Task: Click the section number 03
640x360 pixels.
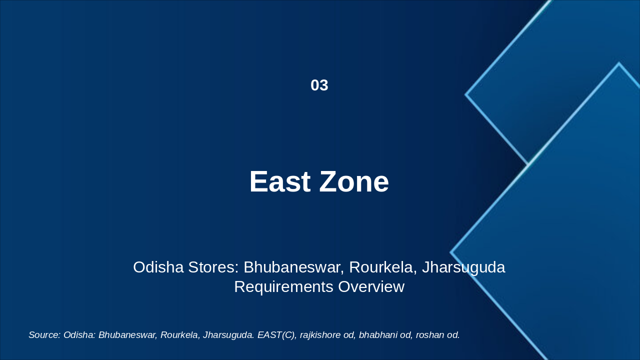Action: coord(319,85)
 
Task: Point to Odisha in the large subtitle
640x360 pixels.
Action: coord(158,267)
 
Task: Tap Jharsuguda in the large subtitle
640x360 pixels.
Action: coord(463,267)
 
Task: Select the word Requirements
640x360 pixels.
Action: coord(283,287)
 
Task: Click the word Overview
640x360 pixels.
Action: coord(371,287)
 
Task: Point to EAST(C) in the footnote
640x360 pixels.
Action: coord(276,335)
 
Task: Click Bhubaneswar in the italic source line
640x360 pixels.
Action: coord(127,335)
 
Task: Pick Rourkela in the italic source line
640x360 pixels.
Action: coord(179,335)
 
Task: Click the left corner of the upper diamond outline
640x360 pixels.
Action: coord(466,94)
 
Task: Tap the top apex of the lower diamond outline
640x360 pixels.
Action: coord(618,63)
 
